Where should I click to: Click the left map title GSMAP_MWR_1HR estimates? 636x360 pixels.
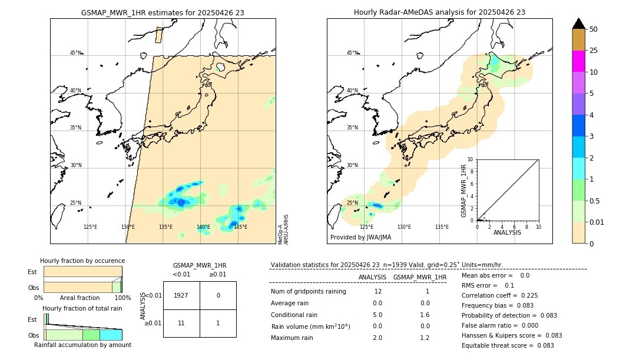pos(163,12)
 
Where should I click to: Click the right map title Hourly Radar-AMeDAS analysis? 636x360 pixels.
pos(439,12)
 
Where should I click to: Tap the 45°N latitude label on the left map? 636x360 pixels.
pos(75,53)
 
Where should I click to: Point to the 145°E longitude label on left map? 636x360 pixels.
pos(240,227)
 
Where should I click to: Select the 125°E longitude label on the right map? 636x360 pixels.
pos(366,227)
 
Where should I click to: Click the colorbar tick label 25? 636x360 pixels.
pos(594,51)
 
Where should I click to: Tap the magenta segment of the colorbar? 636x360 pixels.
pos(579,61)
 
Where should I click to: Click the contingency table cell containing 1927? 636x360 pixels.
pos(181,295)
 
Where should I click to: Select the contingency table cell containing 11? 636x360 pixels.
pos(181,323)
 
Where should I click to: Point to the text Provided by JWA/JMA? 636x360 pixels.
pos(360,238)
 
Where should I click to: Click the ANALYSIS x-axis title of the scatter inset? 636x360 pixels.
pos(508,233)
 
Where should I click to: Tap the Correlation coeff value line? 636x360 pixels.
pos(499,296)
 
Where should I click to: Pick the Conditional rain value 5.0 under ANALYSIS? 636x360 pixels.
pos(377,315)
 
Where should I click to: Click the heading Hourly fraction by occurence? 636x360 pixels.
pos(82,261)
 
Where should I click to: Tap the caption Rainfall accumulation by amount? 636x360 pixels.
pos(82,345)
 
